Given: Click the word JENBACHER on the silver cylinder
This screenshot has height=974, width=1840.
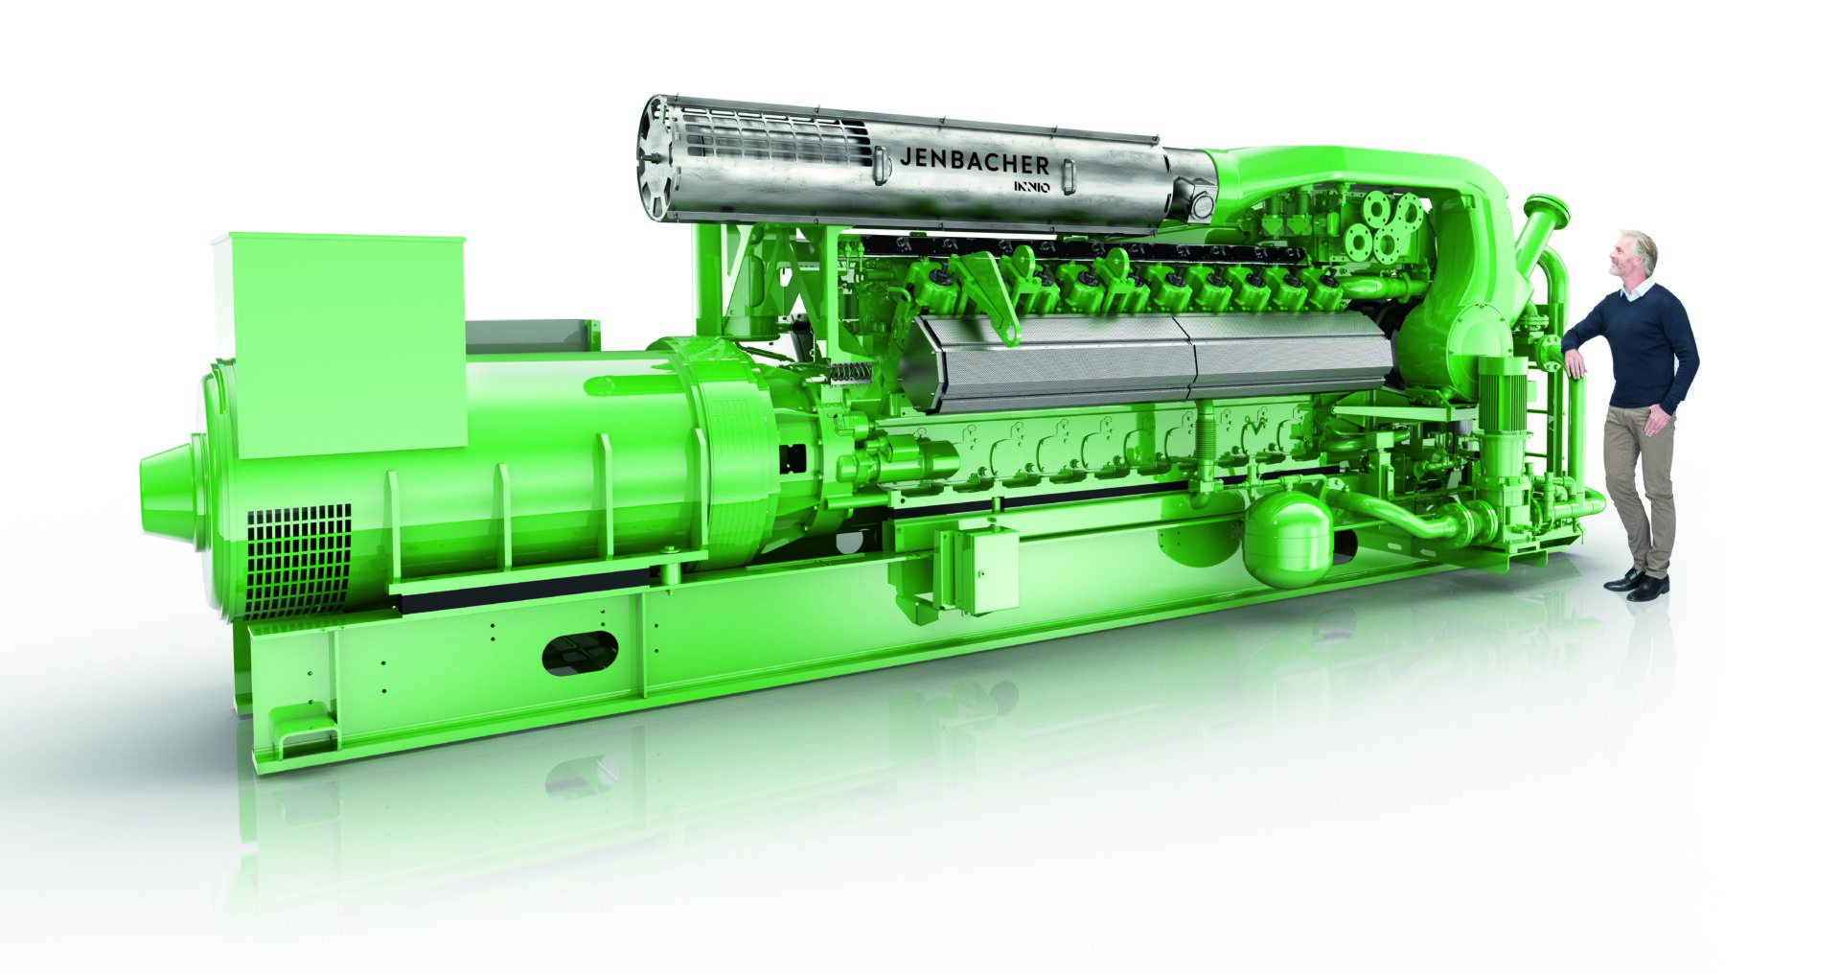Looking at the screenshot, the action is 975,161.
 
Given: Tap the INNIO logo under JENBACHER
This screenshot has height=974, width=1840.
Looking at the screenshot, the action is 1026,186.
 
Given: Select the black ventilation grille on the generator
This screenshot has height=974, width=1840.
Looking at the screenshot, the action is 298,562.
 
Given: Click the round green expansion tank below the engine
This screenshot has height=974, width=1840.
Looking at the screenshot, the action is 1287,540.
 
